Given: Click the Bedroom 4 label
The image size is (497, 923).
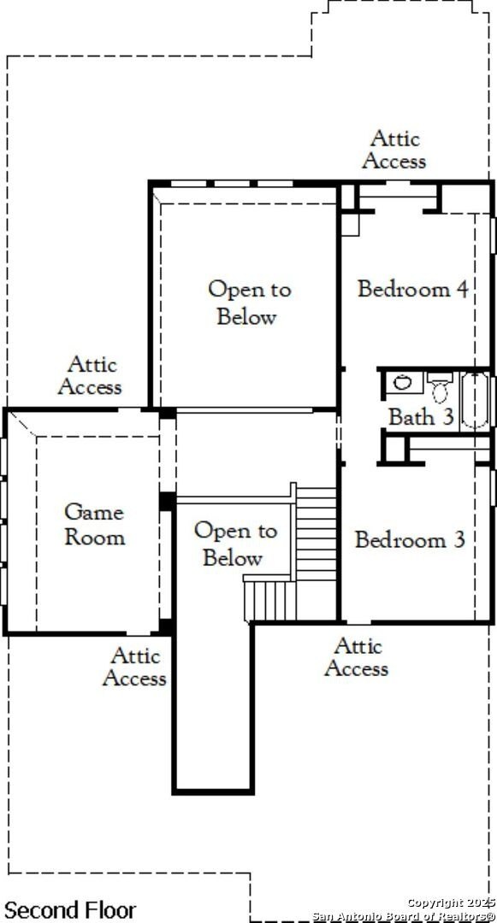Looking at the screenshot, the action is pos(413,289).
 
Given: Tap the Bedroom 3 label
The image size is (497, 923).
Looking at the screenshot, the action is pos(410,540).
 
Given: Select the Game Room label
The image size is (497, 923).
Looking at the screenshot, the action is pos(94,524).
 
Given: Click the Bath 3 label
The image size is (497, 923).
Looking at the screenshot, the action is pos(421,417).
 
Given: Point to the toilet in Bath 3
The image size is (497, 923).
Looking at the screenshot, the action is pos(440,387).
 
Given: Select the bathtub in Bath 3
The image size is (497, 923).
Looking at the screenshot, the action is pos(475,400).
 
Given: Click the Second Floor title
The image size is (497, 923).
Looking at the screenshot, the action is pos(70,910).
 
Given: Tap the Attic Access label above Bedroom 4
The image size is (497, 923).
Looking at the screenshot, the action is pos(394,150).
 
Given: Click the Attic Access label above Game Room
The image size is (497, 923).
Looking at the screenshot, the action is pos(90,375).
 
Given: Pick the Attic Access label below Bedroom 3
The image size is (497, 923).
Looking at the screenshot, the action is pos(356,657).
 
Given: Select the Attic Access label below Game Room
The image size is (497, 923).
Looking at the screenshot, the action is pos(134,667).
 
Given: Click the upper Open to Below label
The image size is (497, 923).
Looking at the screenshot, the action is pos(249,303).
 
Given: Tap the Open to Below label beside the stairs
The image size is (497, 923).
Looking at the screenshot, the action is pos(235,544).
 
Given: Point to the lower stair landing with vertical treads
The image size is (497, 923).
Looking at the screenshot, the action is pos(270,601).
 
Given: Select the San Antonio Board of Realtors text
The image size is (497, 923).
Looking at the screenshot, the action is pos(404,916).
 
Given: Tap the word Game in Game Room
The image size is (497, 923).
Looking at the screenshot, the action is pos(94,512).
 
